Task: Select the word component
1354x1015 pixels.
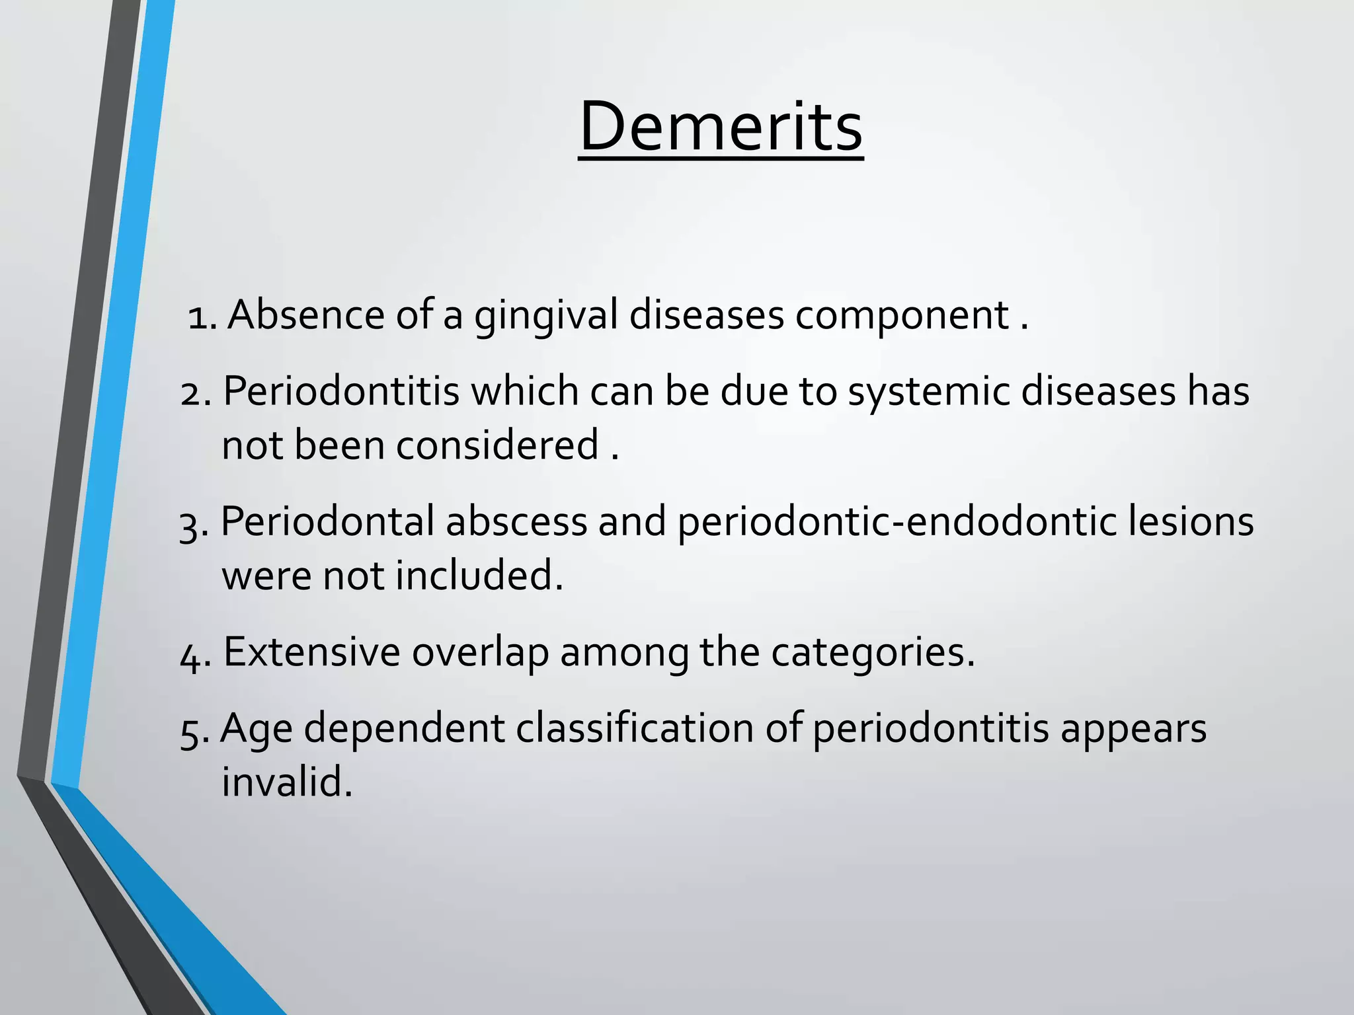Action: tap(902, 316)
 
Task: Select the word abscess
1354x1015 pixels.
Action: tap(516, 522)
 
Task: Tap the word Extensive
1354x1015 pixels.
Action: tap(311, 653)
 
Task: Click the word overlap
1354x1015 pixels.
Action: tap(480, 654)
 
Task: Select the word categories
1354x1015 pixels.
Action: tap(872, 654)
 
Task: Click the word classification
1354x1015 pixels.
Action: tap(635, 730)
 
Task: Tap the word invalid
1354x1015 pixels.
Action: tap(286, 782)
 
